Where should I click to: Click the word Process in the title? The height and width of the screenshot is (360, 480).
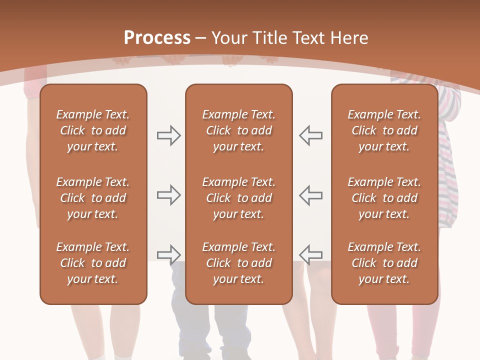click(x=157, y=38)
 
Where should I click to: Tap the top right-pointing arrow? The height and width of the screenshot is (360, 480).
click(x=168, y=135)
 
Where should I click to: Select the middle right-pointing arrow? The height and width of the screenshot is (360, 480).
click(x=168, y=195)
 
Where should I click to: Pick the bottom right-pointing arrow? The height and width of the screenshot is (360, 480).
click(x=168, y=254)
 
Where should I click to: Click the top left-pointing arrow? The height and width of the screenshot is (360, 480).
click(x=311, y=135)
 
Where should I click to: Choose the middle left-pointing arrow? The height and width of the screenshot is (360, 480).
click(x=311, y=195)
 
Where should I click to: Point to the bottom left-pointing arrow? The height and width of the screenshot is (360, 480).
click(x=311, y=254)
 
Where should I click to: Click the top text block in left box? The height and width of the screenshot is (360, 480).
click(x=93, y=130)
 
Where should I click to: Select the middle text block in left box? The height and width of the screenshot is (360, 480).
click(x=93, y=198)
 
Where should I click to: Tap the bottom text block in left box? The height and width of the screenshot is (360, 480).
click(x=93, y=263)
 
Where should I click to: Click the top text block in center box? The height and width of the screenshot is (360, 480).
click(x=238, y=130)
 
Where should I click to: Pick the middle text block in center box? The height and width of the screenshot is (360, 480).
click(x=238, y=198)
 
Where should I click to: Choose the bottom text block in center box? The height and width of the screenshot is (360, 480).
click(x=238, y=263)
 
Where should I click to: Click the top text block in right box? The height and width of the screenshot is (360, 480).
click(x=384, y=130)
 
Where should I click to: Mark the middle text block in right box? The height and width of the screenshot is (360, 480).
click(x=384, y=198)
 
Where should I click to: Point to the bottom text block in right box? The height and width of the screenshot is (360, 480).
click(x=384, y=263)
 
